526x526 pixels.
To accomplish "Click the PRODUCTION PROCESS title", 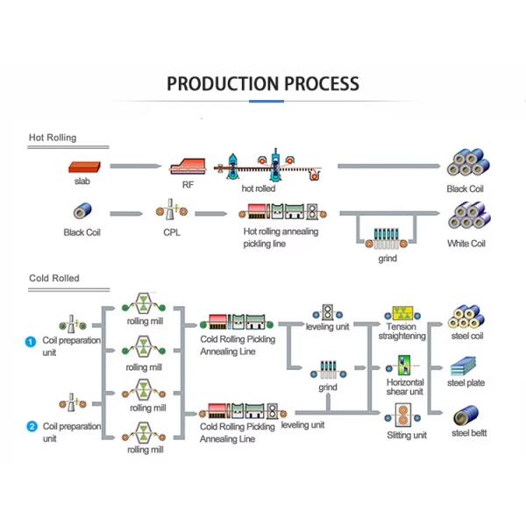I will (262, 84).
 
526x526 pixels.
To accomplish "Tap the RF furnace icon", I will (188, 167).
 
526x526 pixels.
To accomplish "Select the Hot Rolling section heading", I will (53, 138).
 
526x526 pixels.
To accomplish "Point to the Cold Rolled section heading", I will (54, 278).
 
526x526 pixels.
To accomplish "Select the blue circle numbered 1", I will (31, 342).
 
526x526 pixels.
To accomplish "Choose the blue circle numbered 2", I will (31, 427).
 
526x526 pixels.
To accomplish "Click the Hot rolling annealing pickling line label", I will (281, 238).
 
